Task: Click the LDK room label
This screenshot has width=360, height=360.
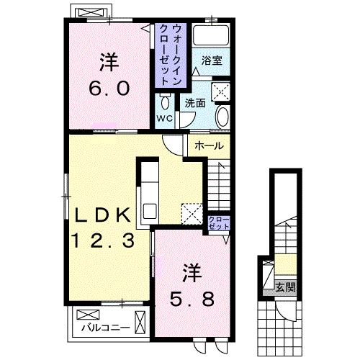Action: pos(103,215)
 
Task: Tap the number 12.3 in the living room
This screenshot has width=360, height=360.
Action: pos(103,240)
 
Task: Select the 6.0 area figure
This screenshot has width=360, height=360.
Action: pos(109,88)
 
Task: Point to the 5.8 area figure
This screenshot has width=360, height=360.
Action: pos(192,299)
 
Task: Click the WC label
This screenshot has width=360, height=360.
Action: pos(165,118)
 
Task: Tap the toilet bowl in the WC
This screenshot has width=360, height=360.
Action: pos(165,102)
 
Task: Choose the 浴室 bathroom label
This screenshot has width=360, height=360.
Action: pos(212,60)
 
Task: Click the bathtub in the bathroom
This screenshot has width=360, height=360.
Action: pos(211,35)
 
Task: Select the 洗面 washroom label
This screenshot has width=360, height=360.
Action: pos(195,103)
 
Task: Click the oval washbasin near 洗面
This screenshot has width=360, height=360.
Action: pos(222,117)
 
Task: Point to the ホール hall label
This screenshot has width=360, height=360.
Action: pos(210,145)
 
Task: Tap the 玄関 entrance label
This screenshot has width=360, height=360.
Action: pos(285,287)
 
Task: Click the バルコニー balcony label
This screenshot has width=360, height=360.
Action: pos(106,328)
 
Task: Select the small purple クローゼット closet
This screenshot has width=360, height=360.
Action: pos(219,222)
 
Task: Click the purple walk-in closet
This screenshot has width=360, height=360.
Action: pos(171,55)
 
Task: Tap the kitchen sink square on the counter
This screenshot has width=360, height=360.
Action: pos(150,211)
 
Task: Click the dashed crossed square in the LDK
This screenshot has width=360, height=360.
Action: pos(192,214)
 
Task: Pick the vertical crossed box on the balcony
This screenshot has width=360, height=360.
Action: pos(140,322)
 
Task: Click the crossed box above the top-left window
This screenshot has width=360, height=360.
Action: pos(91,12)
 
